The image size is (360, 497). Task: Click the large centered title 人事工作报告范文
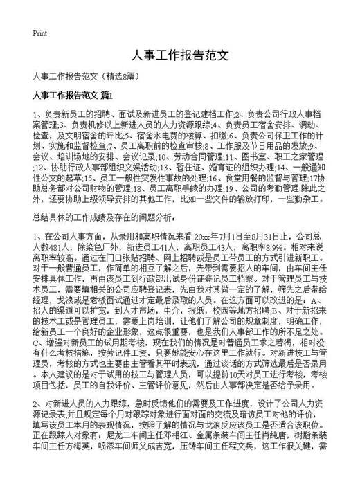pos(179,57)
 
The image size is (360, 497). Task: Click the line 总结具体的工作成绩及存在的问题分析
pos(105,217)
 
